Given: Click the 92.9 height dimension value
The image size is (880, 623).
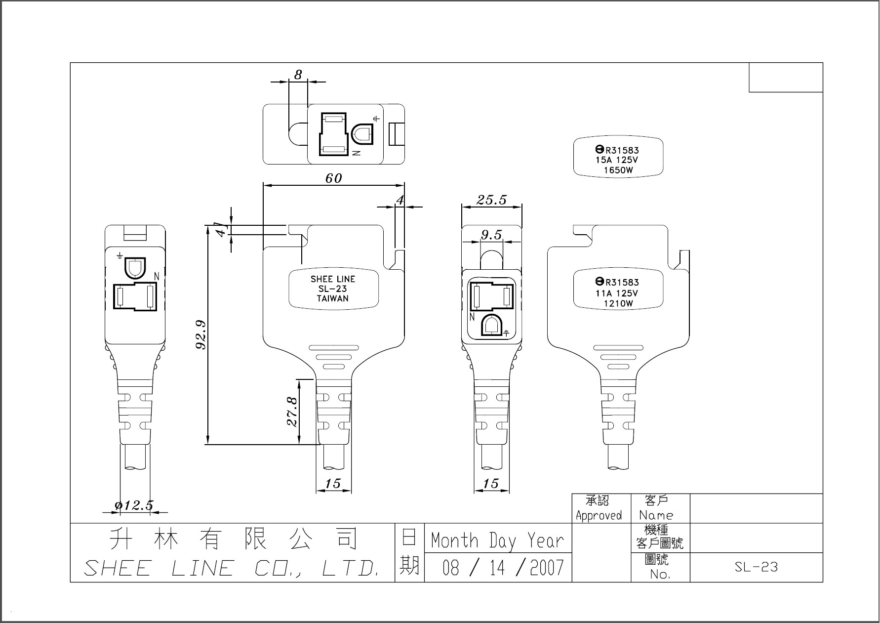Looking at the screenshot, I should tap(201, 334).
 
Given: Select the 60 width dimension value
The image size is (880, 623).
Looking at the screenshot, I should tap(334, 178).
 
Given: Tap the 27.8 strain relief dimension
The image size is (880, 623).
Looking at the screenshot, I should tap(292, 411).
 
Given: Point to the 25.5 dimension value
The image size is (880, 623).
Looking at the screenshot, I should tap(491, 200).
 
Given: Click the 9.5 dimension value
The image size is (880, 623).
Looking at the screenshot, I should tap(491, 235).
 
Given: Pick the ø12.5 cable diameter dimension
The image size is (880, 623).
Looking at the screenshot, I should tap(134, 505).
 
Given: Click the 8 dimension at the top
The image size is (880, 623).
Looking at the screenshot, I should tap(298, 75).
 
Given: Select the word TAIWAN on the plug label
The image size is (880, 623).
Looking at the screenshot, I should tap(333, 298).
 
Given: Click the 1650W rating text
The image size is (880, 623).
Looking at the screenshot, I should tap(618, 170).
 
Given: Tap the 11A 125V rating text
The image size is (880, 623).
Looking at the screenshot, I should tap(617, 293).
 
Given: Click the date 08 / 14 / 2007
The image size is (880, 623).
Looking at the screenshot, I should tap(502, 568).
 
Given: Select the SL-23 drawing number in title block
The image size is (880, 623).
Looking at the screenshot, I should tap(756, 567).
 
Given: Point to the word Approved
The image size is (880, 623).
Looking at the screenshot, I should tap(599, 516).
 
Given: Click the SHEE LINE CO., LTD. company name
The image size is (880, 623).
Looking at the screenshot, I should tap(232, 568).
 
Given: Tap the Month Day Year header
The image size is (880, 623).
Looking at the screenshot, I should tap(497, 540).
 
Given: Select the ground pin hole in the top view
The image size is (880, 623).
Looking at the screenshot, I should tap(361, 134).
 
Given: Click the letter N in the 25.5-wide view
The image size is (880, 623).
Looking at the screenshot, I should tap(472, 317).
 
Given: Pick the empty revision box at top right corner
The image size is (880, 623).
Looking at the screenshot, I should tap(786, 78).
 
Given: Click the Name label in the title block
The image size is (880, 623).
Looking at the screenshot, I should tap(656, 515).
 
